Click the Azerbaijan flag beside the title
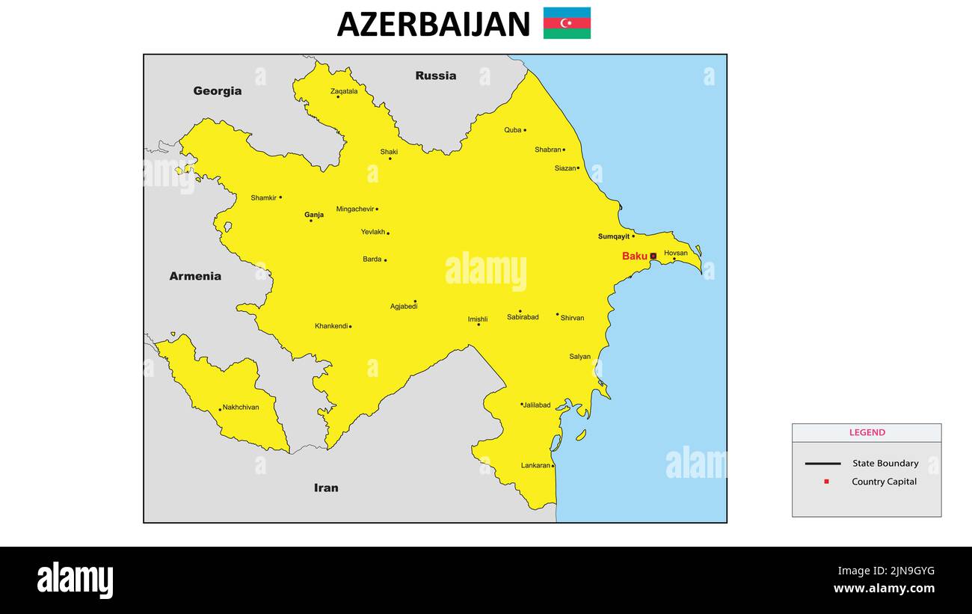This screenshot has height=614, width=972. [x=567, y=23]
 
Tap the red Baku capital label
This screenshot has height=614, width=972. [x=635, y=257]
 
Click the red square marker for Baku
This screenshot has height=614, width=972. [x=653, y=256]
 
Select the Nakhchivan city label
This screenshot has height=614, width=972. [x=241, y=408]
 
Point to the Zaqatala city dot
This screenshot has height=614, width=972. [x=338, y=96]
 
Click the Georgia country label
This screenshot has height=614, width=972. [x=218, y=91]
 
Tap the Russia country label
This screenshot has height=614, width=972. [x=436, y=76]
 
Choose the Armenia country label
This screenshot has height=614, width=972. [x=195, y=276]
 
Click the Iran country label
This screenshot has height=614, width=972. [x=326, y=488]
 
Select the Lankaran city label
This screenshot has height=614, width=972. [x=535, y=466]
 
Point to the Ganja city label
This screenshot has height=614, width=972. [x=314, y=215]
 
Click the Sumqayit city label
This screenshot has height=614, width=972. [x=614, y=236]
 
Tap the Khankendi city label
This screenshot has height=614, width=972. [x=331, y=326]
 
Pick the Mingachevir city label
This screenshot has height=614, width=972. [x=355, y=209]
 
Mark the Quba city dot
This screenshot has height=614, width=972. [x=525, y=130]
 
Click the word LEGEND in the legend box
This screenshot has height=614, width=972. [x=867, y=432]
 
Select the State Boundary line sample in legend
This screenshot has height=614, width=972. [x=822, y=464]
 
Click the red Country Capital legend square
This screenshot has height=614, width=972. [x=826, y=482]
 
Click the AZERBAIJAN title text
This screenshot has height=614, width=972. [x=434, y=24]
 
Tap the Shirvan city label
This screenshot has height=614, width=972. [x=572, y=318]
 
